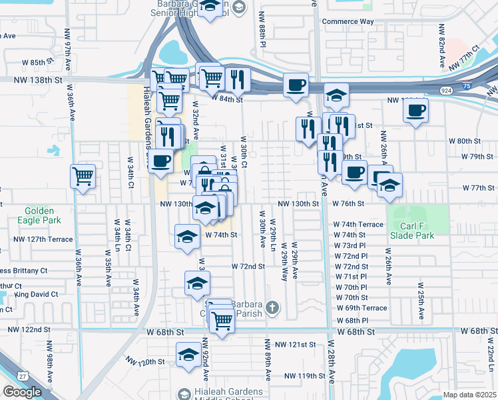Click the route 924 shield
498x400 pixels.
443,89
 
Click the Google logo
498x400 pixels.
22,392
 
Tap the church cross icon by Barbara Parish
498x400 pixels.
272,307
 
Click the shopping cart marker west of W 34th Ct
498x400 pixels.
83,177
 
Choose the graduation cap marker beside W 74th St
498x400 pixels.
188,237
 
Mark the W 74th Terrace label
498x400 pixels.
358,225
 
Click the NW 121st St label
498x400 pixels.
298,345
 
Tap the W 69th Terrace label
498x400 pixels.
362,308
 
